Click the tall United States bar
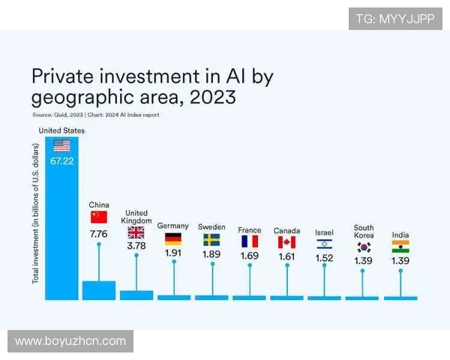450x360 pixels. point(61,225)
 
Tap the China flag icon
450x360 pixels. point(99,217)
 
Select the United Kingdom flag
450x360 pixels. point(136,232)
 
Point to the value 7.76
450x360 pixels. point(99,235)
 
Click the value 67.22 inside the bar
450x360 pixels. point(61,161)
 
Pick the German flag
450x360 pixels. point(173,239)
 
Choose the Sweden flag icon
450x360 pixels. point(211,240)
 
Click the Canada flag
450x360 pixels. point(286,241)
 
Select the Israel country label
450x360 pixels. point(324,232)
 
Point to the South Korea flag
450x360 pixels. point(364,247)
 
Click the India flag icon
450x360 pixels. point(400,247)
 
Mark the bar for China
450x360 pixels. point(99,290)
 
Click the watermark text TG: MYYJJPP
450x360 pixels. point(395,19)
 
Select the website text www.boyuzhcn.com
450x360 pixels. point(70,341)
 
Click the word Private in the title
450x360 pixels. point(62,76)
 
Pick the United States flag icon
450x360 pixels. point(61,145)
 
